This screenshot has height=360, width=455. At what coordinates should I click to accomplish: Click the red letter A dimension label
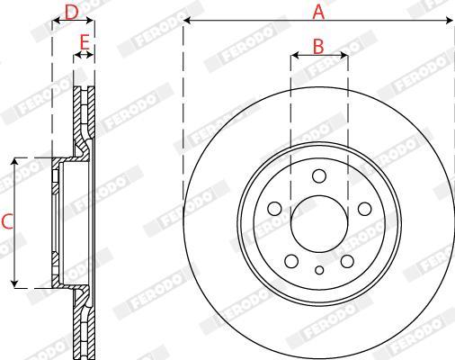[x=318, y=13]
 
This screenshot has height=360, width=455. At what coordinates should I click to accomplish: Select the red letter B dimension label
[x=318, y=47]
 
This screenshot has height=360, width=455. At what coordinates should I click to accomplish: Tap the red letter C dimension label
[x=7, y=221]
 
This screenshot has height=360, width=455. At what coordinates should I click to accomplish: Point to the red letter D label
[x=72, y=13]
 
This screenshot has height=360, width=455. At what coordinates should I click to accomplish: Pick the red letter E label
[x=85, y=42]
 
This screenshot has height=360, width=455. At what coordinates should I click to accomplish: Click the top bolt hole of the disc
[x=319, y=176]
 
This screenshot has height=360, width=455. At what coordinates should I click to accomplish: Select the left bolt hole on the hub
[x=274, y=209]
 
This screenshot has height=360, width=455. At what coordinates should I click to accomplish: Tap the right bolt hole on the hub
[x=365, y=209]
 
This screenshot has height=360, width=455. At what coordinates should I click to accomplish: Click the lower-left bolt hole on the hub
[x=291, y=261]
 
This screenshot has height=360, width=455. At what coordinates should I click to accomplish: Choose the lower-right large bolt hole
[x=347, y=261]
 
